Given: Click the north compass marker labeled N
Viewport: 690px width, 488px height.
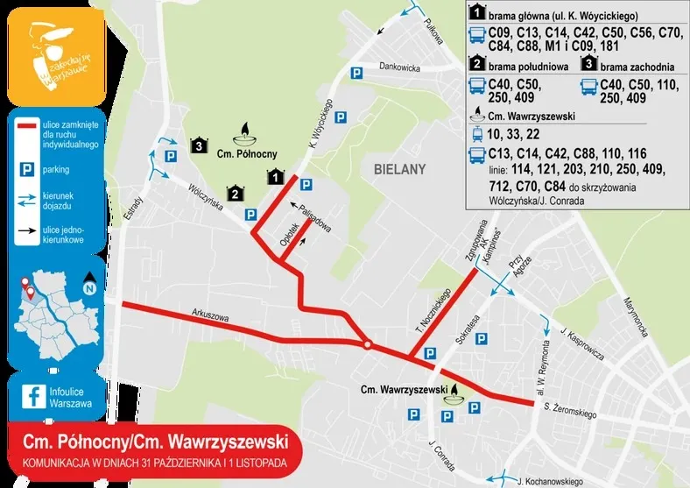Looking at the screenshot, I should pyautogui.click(x=89, y=286).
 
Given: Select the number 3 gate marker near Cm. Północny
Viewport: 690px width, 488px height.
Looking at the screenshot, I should pyautogui.click(x=200, y=145).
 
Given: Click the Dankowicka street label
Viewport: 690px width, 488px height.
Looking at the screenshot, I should pyautogui.click(x=401, y=67).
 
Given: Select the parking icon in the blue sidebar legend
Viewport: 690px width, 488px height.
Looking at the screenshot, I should pyautogui.click(x=26, y=166).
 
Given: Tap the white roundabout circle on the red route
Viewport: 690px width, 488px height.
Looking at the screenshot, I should pyautogui.click(x=368, y=344).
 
